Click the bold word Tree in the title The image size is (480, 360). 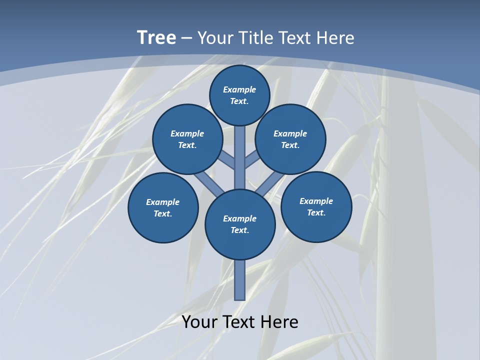tap(156, 38)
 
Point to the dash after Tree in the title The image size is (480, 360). tap(187, 38)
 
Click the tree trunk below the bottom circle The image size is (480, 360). tap(240, 280)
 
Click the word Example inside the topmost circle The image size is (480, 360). tap(239, 89)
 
